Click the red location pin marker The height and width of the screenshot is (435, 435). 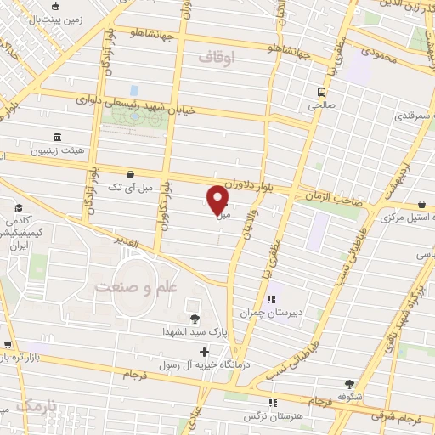[x=217, y=199]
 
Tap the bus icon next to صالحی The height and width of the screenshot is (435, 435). [x=321, y=92]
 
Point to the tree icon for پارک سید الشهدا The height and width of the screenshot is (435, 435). [x=195, y=319]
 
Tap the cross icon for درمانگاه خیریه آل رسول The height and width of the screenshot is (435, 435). [x=204, y=350]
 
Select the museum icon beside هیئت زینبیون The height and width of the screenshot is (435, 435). [x=57, y=137]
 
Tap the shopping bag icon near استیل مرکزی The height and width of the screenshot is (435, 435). [x=422, y=206]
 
